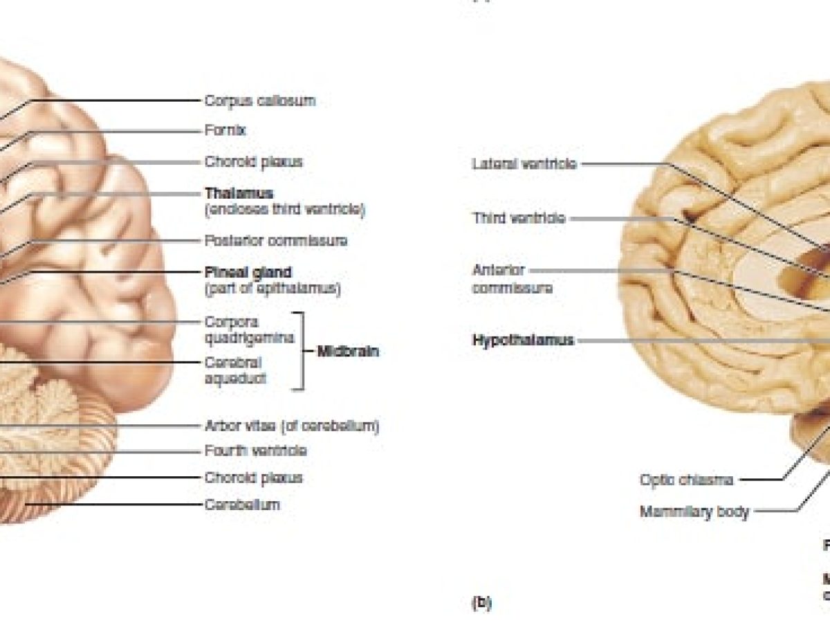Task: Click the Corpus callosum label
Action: pos(259,100)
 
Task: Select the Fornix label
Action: pos(225,130)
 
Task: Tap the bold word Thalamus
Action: pos(239,194)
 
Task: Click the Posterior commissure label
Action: pos(275,241)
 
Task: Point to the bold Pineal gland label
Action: pos(248,272)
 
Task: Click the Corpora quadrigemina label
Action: pos(249,329)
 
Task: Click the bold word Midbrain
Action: pos(347,351)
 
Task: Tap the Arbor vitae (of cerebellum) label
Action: pos(291,426)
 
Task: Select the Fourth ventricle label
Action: pos(255,451)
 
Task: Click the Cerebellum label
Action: pos(241,504)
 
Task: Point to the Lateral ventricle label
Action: pos(524,164)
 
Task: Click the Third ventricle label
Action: pos(518,218)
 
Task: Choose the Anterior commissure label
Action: pos(511,279)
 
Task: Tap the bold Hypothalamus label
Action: pos(523,340)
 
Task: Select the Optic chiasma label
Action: pos(686,479)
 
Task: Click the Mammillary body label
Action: pos(694,512)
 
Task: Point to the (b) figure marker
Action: pos(481,603)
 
